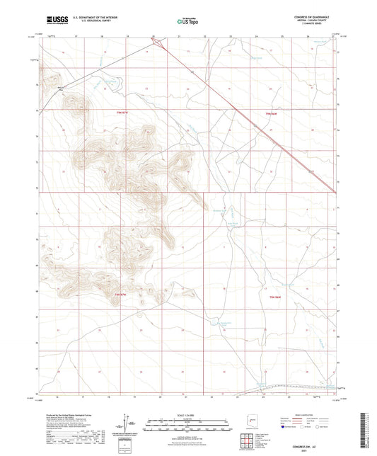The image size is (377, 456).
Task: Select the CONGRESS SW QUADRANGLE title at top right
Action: (318, 16)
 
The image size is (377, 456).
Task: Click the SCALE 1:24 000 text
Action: (187, 414)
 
